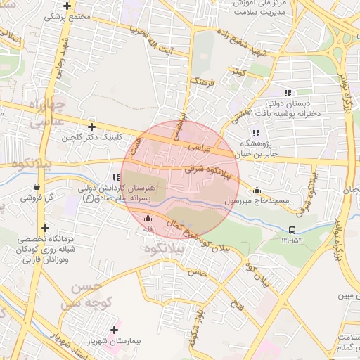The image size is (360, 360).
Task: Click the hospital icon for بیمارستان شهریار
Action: [x=115, y=330]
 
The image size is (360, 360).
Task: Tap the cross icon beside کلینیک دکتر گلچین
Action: [x=91, y=127]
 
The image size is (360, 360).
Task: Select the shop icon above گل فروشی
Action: [x=36, y=187]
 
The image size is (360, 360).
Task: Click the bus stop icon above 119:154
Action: [x=292, y=229]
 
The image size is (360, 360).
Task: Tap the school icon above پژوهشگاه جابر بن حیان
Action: [x=255, y=133]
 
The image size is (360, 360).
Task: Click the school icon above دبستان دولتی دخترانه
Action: [x=287, y=93]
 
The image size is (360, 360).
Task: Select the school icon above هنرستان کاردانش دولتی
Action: [x=115, y=179]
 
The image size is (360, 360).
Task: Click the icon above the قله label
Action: [x=148, y=219]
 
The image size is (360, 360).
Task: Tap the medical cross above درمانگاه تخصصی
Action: [x=46, y=228]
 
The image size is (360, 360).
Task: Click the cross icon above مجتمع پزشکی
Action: [x=67, y=6]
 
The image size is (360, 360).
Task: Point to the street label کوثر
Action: [x=237, y=72]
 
